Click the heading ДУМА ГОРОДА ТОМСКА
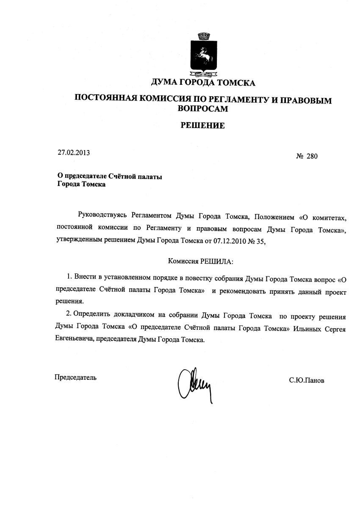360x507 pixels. click(203, 82)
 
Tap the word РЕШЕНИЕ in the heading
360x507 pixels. click(203, 125)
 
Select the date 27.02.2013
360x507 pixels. click(74, 153)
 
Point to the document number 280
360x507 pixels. click(312, 156)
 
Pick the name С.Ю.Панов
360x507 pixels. click(307, 380)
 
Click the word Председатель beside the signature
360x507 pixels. click(75, 377)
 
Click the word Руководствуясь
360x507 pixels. click(102, 217)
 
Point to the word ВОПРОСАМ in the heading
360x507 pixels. click(203, 109)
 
